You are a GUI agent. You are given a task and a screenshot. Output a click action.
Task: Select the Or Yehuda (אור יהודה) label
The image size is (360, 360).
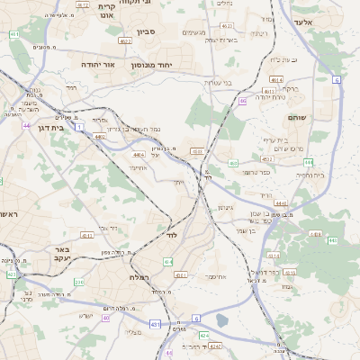click(x=99, y=65)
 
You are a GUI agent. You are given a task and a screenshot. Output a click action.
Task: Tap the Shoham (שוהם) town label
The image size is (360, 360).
click(x=298, y=118)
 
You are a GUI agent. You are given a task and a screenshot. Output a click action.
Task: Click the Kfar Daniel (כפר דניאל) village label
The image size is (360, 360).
click(x=258, y=272)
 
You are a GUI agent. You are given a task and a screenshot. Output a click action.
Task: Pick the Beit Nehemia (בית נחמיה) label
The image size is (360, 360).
click(x=306, y=175)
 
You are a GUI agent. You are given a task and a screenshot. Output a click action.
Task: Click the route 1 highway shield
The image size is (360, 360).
click(x=79, y=128)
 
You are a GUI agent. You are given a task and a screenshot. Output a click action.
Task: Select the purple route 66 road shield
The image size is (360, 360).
click(x=243, y=101)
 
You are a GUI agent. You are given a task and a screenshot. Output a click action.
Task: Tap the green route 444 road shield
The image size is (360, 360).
click(x=308, y=162)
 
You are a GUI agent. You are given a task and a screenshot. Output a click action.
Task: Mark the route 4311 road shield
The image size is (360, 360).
click(x=86, y=235)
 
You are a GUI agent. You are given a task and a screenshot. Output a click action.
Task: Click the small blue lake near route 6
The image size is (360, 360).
click(x=222, y=319)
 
